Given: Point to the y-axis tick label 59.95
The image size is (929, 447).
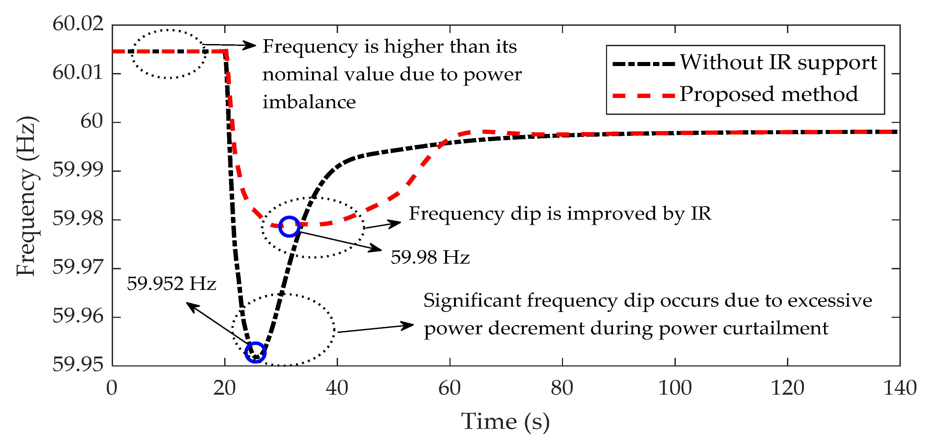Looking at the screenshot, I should (x=78, y=365).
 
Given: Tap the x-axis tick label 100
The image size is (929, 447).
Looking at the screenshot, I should (x=675, y=388).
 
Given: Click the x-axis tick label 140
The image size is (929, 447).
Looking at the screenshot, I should (x=900, y=388).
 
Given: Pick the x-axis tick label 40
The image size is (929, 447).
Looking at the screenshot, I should (x=337, y=388).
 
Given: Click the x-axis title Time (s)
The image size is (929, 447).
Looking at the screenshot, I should (x=505, y=421).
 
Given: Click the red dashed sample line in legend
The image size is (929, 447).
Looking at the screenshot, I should (x=644, y=96).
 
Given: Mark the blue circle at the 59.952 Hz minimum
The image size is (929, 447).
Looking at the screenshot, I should (x=255, y=352).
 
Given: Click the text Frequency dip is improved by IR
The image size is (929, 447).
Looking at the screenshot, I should (x=560, y=213).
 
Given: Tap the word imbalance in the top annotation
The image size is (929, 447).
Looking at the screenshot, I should (x=309, y=102).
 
